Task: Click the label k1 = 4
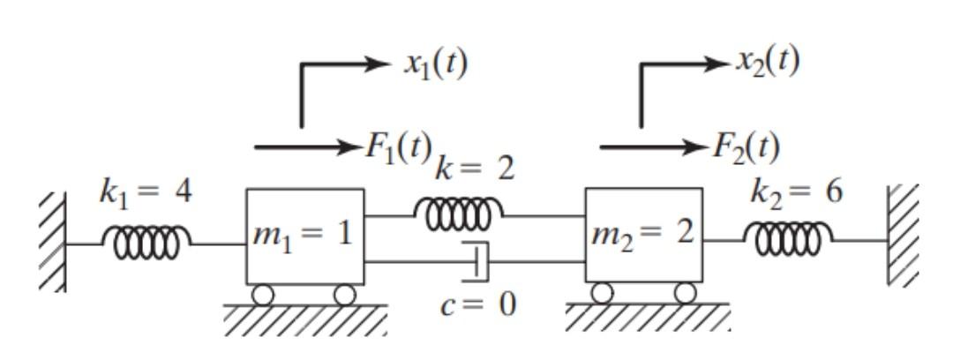pos(145,192)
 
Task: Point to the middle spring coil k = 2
pos(458,213)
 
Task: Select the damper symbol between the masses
pos(477,261)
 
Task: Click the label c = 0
pos(479,305)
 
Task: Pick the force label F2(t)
pos(746,147)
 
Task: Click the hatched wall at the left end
pos(52,240)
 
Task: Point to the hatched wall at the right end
pos(903,234)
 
